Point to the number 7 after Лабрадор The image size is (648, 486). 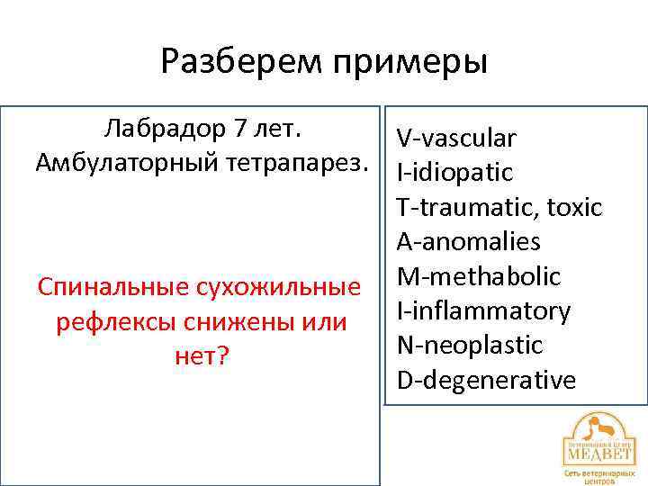pos(239,129)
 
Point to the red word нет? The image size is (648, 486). pos(199,355)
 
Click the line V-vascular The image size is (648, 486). pos(456,139)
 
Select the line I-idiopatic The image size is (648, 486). pos(454,172)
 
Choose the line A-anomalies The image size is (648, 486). pos(468,242)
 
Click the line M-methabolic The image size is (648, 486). pos(478,276)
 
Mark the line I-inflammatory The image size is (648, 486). pos(483,311)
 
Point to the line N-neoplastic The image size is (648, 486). pos(470,346)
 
